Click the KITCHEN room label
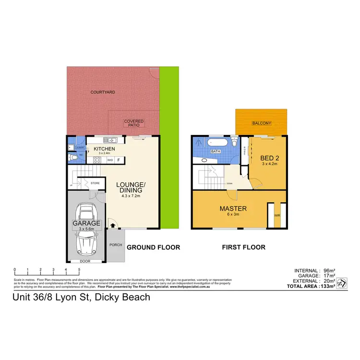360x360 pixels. (x=104, y=149)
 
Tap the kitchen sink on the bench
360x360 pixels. (x=111, y=140)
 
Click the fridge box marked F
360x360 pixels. (x=119, y=160)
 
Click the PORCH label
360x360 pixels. (x=115, y=244)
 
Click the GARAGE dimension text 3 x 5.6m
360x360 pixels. (x=86, y=229)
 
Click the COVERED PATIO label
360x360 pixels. (x=134, y=123)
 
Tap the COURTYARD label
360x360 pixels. (x=103, y=92)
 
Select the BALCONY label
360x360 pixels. (x=262, y=123)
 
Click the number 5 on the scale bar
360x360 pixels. (x=79, y=270)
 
